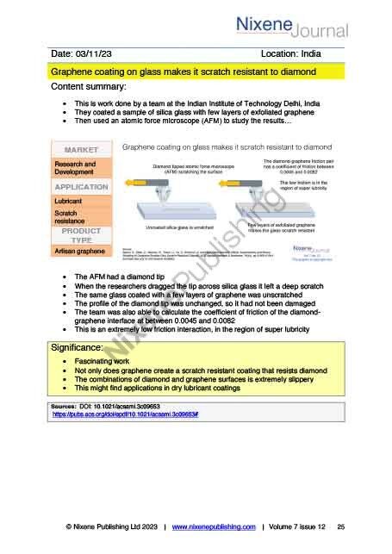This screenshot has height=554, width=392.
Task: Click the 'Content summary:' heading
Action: click(90, 88)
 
